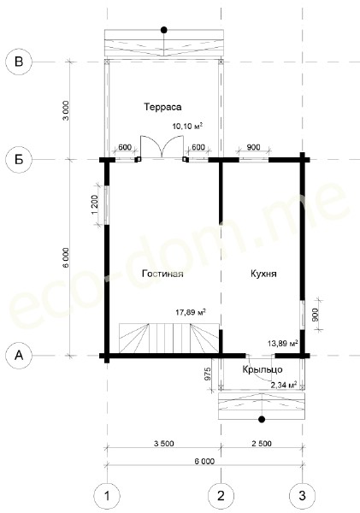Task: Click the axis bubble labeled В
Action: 19,62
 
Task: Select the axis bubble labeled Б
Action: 19,160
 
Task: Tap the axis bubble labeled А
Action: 19,356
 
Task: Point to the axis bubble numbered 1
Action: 107,496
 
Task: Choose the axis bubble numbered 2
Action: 221,496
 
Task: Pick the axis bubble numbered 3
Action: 302,496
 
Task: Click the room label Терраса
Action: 162,108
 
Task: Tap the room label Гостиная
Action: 162,274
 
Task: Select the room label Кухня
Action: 263,274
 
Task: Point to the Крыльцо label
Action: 263,369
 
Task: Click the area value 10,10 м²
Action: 187,126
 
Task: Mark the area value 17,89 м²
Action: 191,312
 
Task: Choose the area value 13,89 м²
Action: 283,343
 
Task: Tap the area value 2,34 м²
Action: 284,385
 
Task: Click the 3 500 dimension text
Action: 164,444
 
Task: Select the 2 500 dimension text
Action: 261,444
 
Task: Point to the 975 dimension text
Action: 207,374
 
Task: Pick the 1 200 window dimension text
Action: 95,205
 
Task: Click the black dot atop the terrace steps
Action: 164,30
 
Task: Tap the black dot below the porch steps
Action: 262,419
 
